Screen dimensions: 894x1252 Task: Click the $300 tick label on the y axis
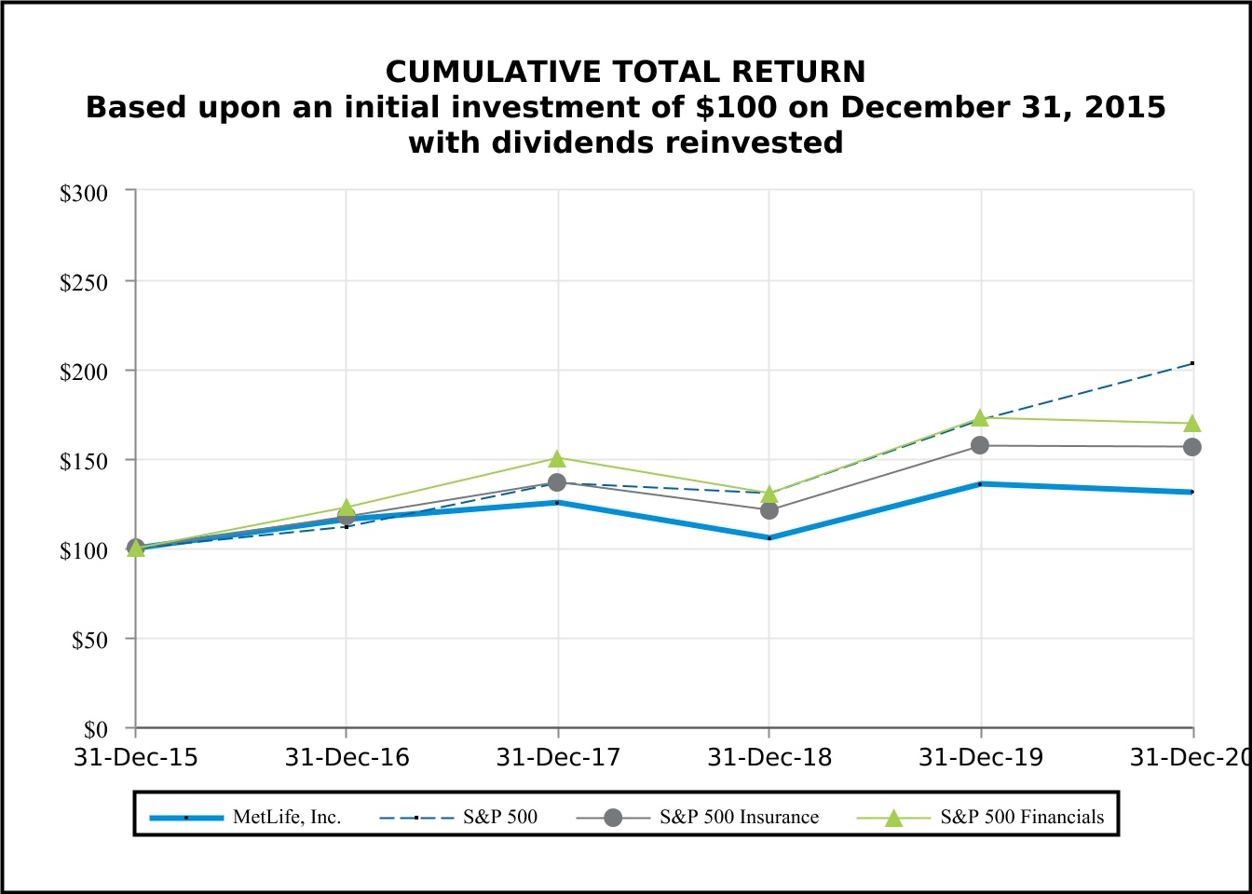84,193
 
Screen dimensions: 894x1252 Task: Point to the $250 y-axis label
84,282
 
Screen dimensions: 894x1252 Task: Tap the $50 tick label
89,640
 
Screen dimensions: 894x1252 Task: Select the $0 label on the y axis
95,729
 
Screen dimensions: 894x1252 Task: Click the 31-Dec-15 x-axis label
136,757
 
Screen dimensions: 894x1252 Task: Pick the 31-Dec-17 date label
558,757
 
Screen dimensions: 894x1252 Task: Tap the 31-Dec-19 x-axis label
981,757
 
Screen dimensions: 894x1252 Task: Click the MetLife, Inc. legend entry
287,817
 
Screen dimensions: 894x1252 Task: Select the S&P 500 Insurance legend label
739,817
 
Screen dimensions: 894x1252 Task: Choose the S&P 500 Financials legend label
1022,817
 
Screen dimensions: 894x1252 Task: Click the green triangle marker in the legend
893,818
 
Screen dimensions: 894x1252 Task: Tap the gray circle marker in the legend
612,818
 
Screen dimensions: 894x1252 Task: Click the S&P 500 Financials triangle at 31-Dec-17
557,458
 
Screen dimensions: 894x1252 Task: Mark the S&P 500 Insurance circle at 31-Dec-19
980,445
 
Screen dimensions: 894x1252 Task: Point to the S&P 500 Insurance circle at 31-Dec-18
769,510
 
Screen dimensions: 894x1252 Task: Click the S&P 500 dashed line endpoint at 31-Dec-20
1191,363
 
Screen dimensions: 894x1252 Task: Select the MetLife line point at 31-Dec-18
769,537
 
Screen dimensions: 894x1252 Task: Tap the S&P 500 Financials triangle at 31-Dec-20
1191,424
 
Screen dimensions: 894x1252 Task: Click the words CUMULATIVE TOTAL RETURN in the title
625,72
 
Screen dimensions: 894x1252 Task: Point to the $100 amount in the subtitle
735,107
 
